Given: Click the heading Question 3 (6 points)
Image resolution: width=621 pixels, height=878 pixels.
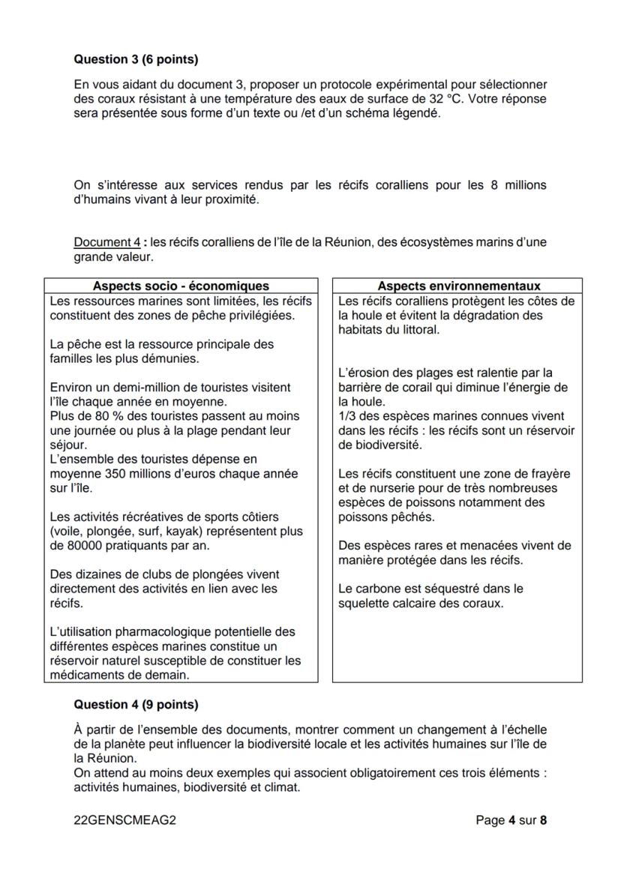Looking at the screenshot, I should (x=136, y=58).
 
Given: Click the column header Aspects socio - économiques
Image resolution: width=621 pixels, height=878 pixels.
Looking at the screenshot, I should (x=181, y=286).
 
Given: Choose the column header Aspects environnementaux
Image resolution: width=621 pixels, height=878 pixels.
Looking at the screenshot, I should (x=458, y=286).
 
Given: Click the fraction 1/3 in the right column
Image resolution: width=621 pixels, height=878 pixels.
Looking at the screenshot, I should (x=346, y=416).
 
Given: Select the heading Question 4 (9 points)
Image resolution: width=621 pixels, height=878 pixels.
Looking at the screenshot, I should (x=136, y=705).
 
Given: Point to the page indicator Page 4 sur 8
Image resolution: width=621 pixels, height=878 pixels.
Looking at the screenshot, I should (x=511, y=820).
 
